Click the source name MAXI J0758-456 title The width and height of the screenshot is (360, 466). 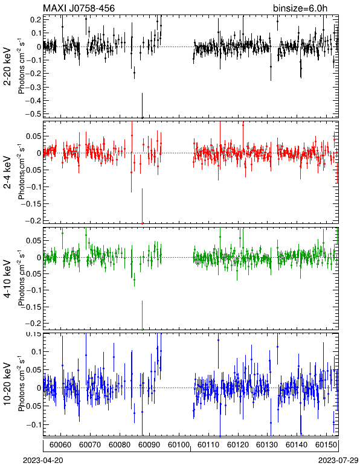pyautogui.click(x=79, y=8)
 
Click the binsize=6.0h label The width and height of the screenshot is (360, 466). pyautogui.click(x=300, y=8)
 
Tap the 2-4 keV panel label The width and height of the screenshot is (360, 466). pyautogui.click(x=7, y=173)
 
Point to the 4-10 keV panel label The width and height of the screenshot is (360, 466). pyautogui.click(x=7, y=279)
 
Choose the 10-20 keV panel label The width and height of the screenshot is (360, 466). pyautogui.click(x=7, y=384)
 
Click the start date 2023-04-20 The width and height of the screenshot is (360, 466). pyautogui.click(x=43, y=461)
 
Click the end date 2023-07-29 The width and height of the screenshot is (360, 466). pyautogui.click(x=338, y=461)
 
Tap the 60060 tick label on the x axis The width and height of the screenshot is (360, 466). pyautogui.click(x=60, y=445)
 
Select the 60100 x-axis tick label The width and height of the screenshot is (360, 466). pyautogui.click(x=179, y=445)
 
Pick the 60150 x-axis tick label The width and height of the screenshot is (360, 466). pyautogui.click(x=326, y=445)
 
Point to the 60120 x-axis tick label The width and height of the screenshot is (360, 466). pyautogui.click(x=238, y=445)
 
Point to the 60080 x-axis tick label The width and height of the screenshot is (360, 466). pyautogui.click(x=120, y=445)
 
